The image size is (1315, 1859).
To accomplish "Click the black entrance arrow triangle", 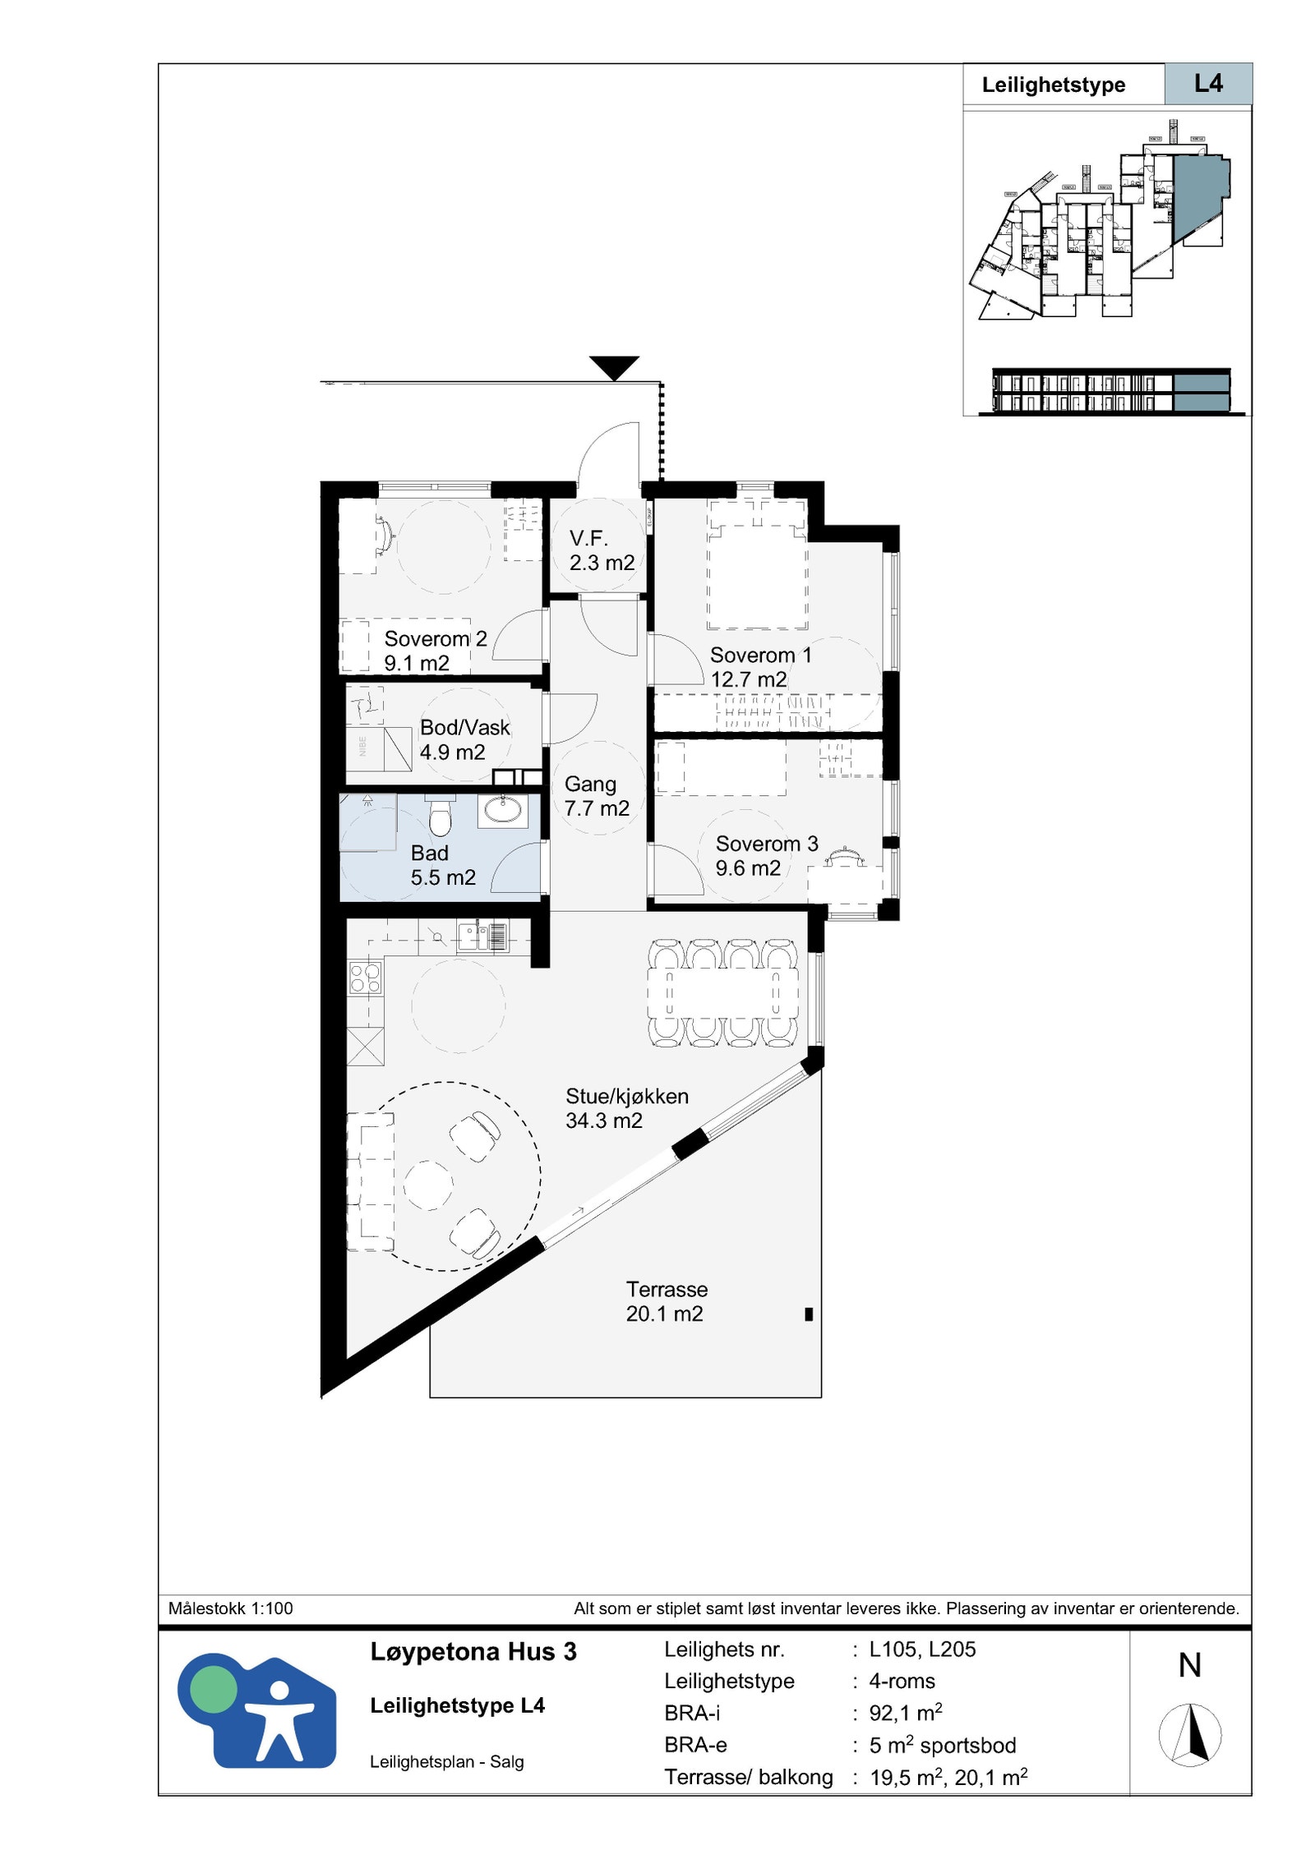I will (x=614, y=366).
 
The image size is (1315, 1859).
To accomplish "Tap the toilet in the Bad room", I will (x=441, y=814).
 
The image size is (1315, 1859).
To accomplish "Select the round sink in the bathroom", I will (x=502, y=810).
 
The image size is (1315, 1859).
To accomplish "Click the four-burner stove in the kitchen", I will (x=365, y=978).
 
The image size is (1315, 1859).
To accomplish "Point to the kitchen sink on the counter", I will (x=472, y=936).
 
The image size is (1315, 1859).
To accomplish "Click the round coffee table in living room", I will (x=428, y=1185).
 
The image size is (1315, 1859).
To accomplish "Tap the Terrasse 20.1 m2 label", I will (x=665, y=1301).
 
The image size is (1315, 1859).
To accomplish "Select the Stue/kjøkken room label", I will (x=626, y=1107).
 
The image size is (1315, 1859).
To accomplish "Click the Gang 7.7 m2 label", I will (x=596, y=796).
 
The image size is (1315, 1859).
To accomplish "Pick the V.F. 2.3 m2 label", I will (x=601, y=550).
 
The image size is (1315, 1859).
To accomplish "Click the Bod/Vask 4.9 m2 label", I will (x=464, y=739).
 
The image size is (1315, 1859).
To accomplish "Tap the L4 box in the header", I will (x=1207, y=84).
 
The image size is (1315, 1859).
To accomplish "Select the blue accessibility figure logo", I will (x=257, y=1710).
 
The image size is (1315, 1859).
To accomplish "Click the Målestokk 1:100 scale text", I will (x=230, y=1608).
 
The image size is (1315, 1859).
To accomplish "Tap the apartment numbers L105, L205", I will (x=922, y=1650).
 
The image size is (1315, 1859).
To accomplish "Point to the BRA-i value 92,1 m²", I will (x=905, y=1714).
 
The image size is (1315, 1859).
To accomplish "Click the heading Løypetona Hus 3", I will (x=473, y=1652).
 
